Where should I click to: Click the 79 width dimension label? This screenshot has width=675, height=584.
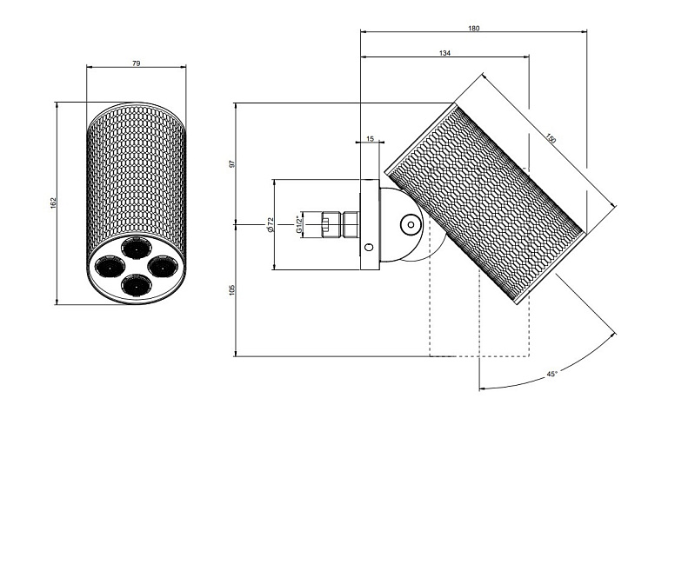click(136, 63)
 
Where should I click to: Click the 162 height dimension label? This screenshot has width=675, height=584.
click(53, 202)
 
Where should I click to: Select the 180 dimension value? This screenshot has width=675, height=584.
click(473, 28)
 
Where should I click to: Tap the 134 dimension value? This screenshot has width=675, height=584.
click(444, 54)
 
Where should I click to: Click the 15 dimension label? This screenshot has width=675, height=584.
click(370, 138)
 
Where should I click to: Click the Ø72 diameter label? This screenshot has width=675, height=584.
click(271, 224)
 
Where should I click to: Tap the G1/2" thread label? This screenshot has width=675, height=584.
click(300, 224)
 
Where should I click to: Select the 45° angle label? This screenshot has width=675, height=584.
click(551, 374)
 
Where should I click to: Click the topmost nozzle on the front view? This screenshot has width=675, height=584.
click(136, 250)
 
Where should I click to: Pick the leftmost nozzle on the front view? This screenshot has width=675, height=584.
click(110, 266)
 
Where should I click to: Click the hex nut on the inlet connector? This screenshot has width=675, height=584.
click(351, 224)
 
